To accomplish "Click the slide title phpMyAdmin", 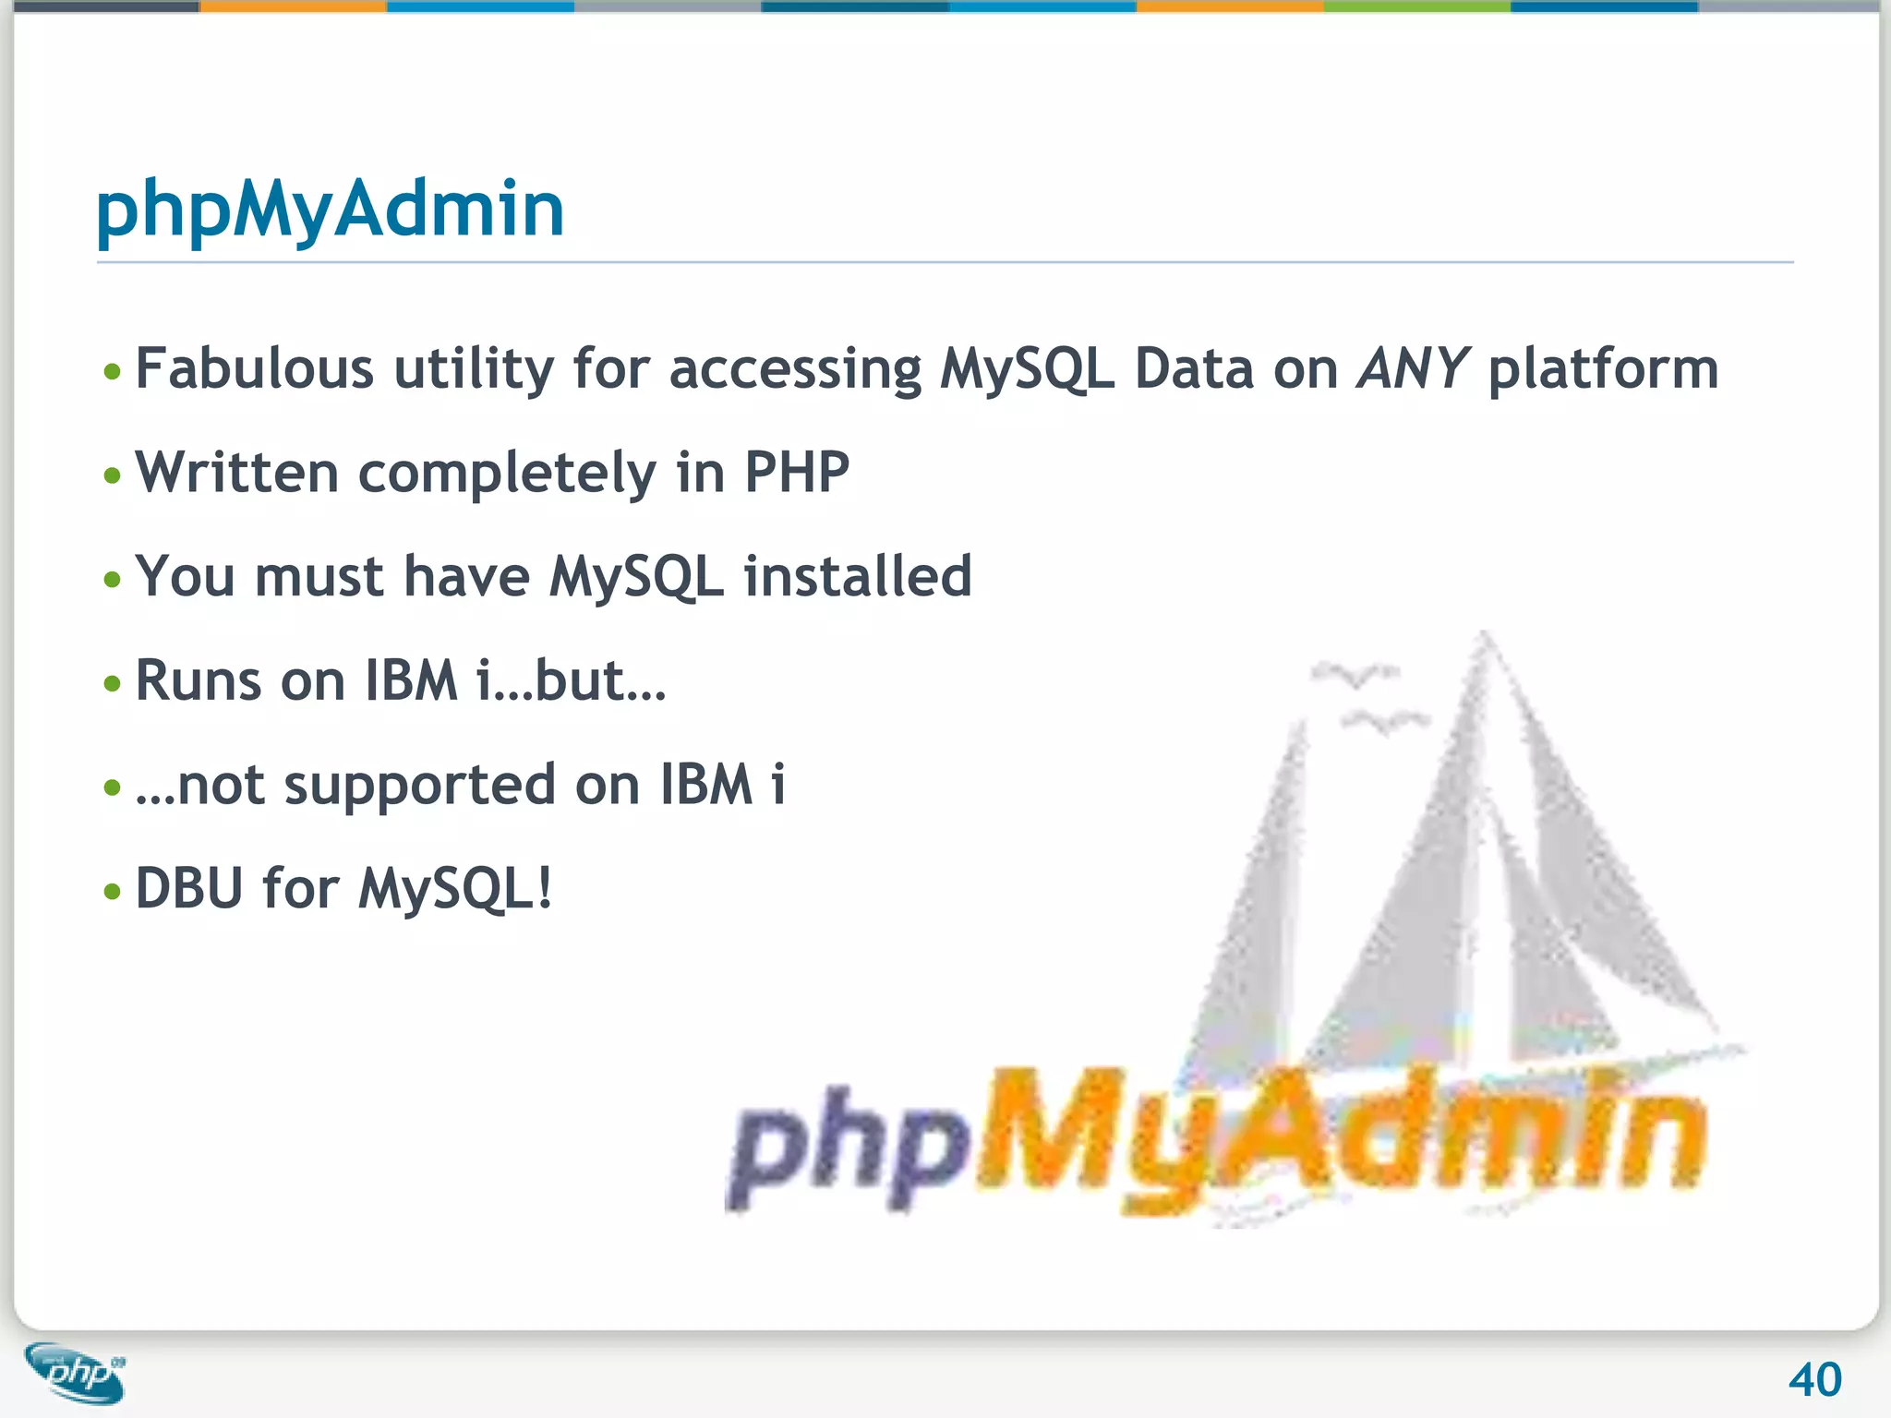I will coord(330,210).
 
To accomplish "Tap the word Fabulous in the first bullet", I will coord(254,368).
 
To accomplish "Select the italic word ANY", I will coord(1412,368).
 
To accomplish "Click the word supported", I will coord(419,787).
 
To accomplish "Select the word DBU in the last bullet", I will coord(189,888).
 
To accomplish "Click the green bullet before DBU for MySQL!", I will coord(113,892).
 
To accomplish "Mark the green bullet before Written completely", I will coord(113,475).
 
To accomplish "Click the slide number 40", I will coord(1814,1380).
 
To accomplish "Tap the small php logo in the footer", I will coord(76,1373).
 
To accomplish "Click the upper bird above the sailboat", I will coord(1355,675).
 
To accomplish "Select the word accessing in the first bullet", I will coord(795,370).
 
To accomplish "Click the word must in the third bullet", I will coord(319,577).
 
